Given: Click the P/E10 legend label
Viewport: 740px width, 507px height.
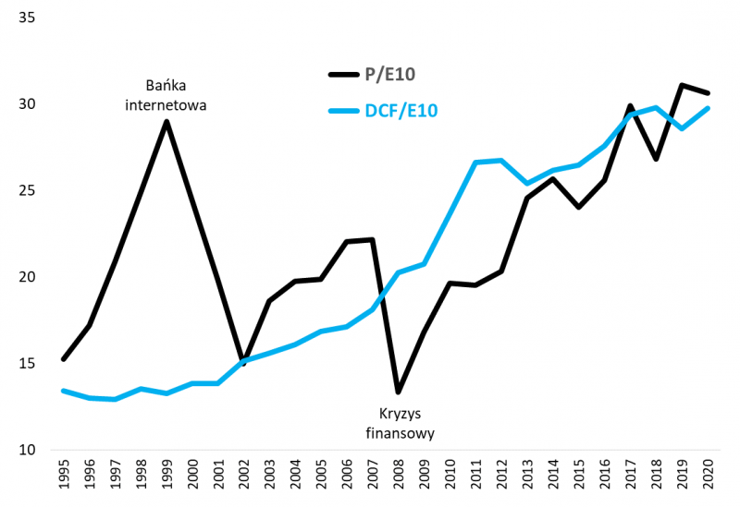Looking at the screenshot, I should click(x=397, y=74).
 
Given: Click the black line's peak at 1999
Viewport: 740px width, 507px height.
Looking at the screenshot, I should click(x=166, y=122).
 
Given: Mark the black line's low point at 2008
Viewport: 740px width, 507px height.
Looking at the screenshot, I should click(x=398, y=392).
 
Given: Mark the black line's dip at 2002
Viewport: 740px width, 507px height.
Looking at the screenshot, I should click(x=243, y=364).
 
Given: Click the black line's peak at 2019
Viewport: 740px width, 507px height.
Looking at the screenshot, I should click(x=682, y=85).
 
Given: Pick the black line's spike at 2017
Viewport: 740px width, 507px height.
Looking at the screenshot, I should click(x=630, y=106).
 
